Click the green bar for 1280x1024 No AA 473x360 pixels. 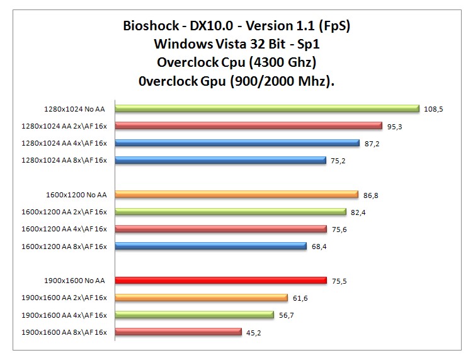click(267, 108)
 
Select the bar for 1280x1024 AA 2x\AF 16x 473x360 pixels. click(249, 125)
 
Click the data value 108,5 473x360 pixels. click(433, 109)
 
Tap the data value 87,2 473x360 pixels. click(373, 144)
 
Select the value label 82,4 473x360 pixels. click(359, 212)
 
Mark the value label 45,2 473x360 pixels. click(254, 332)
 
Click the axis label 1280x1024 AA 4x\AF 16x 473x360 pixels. click(64, 143)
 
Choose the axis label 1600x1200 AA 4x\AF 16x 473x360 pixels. click(64, 229)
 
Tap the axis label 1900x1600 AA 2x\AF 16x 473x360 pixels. click(64, 298)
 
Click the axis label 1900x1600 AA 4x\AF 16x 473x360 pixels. click(64, 315)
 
